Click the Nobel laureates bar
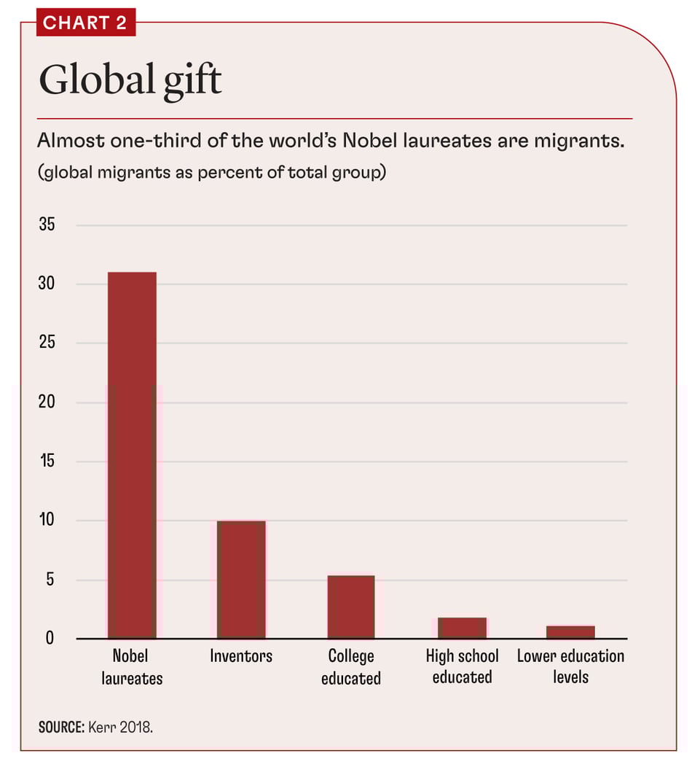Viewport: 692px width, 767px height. [x=132, y=455]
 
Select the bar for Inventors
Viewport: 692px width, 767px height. [x=241, y=580]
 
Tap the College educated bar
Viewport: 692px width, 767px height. [x=351, y=607]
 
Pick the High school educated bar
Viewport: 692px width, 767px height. [x=462, y=628]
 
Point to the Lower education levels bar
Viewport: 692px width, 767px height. [x=571, y=632]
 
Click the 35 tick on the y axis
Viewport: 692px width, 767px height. [x=47, y=225]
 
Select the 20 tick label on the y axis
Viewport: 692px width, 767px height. [x=47, y=402]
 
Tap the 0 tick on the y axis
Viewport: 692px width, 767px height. [x=50, y=639]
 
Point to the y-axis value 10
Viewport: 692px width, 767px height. [x=47, y=521]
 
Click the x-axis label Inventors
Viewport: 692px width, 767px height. [x=241, y=656]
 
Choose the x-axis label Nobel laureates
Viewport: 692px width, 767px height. [x=132, y=666]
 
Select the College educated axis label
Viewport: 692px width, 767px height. [x=351, y=666]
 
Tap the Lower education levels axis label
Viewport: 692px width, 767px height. [x=571, y=666]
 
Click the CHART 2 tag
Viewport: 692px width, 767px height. [x=84, y=23]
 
